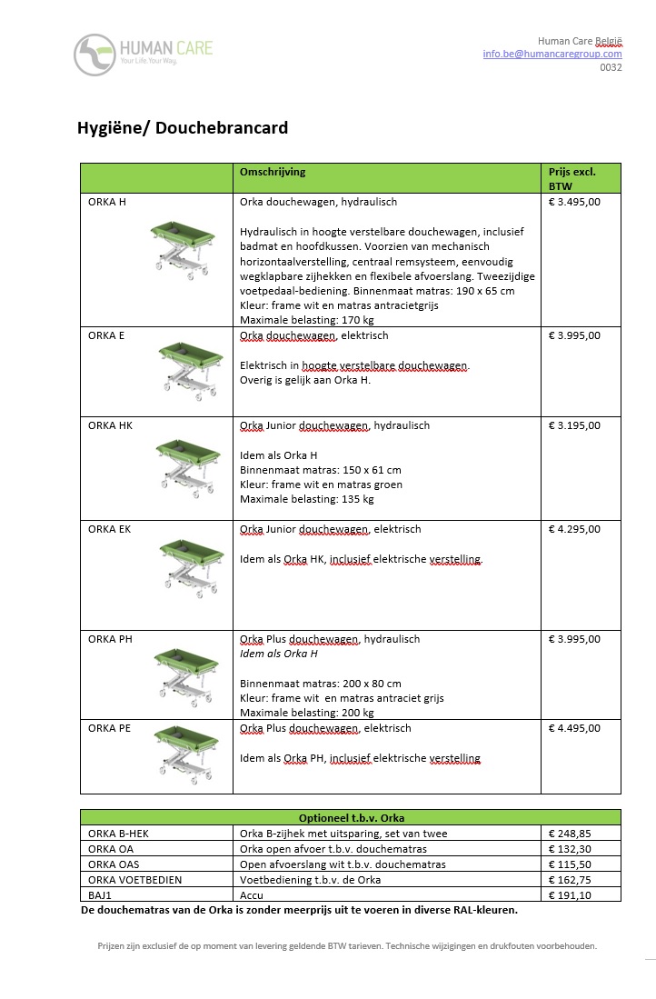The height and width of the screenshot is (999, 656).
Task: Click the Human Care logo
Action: pyautogui.click(x=143, y=55)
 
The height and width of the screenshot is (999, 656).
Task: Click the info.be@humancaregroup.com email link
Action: pyautogui.click(x=552, y=54)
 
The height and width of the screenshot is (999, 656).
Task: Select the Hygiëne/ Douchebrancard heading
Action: pyautogui.click(x=183, y=128)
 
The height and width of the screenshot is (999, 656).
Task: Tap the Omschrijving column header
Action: pyautogui.click(x=273, y=171)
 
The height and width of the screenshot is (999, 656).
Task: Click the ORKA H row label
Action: pyautogui.click(x=107, y=202)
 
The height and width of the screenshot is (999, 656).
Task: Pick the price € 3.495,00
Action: pyautogui.click(x=574, y=202)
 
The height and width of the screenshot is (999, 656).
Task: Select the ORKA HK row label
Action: pyautogui.click(x=110, y=425)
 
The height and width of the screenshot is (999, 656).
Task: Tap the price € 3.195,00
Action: pyautogui.click(x=574, y=425)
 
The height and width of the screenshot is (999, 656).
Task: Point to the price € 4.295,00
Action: pyautogui.click(x=574, y=529)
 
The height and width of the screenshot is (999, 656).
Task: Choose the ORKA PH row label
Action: pyautogui.click(x=110, y=639)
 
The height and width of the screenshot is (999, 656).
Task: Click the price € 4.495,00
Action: pyautogui.click(x=574, y=728)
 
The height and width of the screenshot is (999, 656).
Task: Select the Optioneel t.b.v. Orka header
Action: pyautogui.click(x=351, y=817)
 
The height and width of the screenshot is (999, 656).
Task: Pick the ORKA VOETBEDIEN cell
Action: pyautogui.click(x=134, y=879)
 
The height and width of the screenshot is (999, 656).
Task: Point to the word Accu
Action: pyautogui.click(x=251, y=894)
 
